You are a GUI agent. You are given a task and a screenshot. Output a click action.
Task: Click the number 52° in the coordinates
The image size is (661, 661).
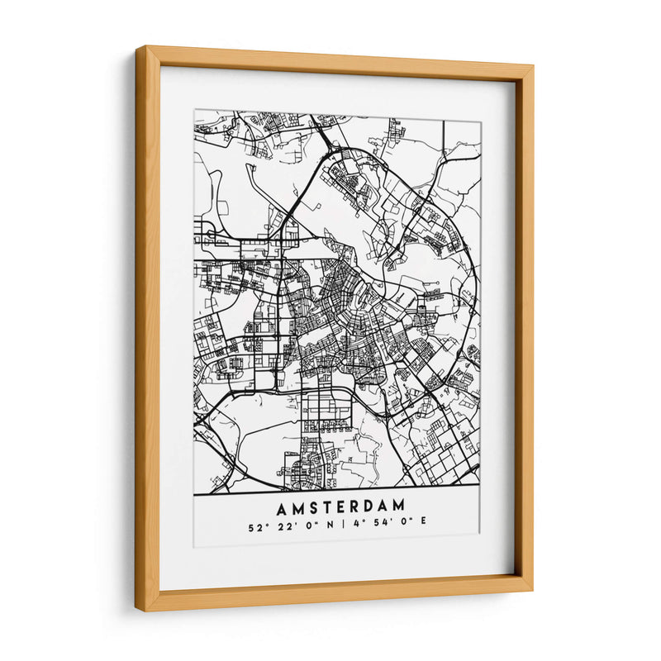254,523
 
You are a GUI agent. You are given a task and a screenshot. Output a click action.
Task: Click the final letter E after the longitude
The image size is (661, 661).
423,523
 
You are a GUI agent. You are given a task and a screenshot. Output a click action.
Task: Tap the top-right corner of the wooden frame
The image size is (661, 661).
533,65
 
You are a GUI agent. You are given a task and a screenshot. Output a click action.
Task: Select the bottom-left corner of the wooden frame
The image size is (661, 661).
138,611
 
